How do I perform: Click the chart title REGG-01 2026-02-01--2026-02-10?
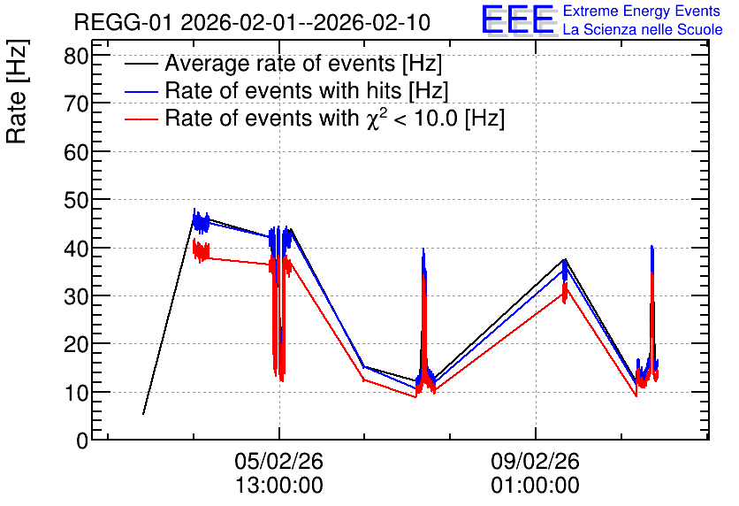click(252, 22)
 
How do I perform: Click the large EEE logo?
click(519, 19)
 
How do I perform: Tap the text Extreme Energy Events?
click(642, 11)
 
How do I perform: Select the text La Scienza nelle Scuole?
click(643, 29)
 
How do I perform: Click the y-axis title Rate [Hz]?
click(17, 91)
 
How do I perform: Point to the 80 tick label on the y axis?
click(76, 57)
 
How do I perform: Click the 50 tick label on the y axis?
click(76, 201)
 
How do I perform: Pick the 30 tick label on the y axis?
click(76, 296)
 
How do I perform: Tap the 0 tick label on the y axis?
click(82, 441)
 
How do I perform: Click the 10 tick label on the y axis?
click(76, 393)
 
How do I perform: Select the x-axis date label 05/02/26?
click(279, 461)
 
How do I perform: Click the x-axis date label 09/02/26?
click(536, 461)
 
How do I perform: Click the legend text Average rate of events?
click(280, 63)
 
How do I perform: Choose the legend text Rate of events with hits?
click(283, 90)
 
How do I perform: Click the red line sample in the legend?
click(141, 119)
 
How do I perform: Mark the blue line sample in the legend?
click(141, 92)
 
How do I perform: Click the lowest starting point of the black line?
click(143, 414)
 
